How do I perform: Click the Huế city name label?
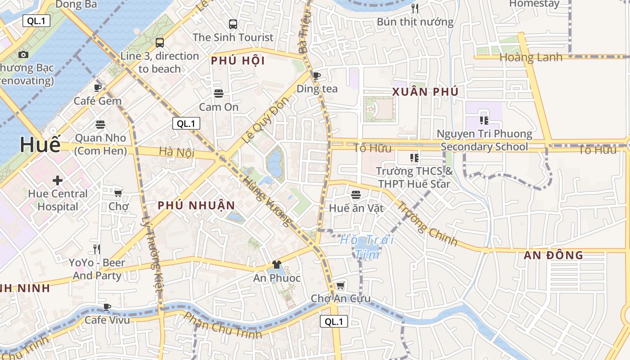[x=40, y=145]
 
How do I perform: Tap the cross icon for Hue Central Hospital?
[x=58, y=181]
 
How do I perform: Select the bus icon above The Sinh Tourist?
[x=233, y=24]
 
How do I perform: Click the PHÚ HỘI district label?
[x=238, y=61]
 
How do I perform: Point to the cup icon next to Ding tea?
[x=317, y=76]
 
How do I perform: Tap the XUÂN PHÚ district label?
[x=425, y=92]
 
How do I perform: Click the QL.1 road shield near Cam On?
[x=186, y=124]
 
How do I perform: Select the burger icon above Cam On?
[x=219, y=94]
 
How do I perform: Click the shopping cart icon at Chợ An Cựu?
[x=341, y=285]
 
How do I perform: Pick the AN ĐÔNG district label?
[x=553, y=255]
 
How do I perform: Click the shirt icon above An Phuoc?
[x=276, y=265]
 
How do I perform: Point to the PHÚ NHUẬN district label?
[x=196, y=206]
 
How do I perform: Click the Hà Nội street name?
[x=176, y=152]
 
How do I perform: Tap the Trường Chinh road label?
[x=427, y=224]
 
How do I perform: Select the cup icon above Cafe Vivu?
[x=107, y=307]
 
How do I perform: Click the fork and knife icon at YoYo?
[x=97, y=249]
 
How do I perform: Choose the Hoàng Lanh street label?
[x=531, y=57]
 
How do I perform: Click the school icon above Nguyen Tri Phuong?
[x=484, y=120]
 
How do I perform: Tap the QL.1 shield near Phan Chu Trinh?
[x=334, y=321]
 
